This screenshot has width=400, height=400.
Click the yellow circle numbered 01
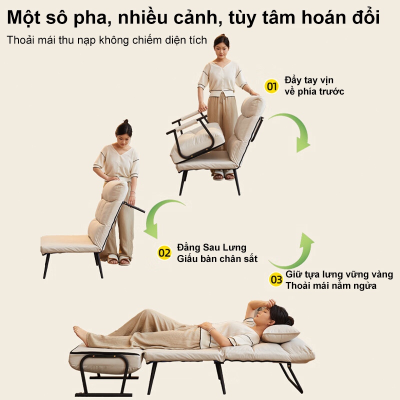pyautogui.click(x=271, y=86)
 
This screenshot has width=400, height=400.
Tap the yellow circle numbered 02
pyautogui.click(x=164, y=253)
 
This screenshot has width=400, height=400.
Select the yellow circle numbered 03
pyautogui.click(x=276, y=279)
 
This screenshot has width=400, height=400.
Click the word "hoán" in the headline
pyautogui.click(x=322, y=17)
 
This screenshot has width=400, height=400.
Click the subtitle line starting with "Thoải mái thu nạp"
pyautogui.click(x=106, y=40)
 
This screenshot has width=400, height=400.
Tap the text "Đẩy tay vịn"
pyautogui.click(x=309, y=80)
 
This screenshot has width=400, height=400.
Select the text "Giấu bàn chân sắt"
pyautogui.click(x=217, y=258)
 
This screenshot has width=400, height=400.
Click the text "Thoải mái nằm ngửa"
pyautogui.click(x=331, y=285)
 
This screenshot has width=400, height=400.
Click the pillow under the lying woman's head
pyautogui.click(x=280, y=333)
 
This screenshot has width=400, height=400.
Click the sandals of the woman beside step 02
pyautogui.click(x=119, y=259)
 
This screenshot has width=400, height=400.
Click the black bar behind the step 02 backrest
pyautogui.click(x=134, y=207)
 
